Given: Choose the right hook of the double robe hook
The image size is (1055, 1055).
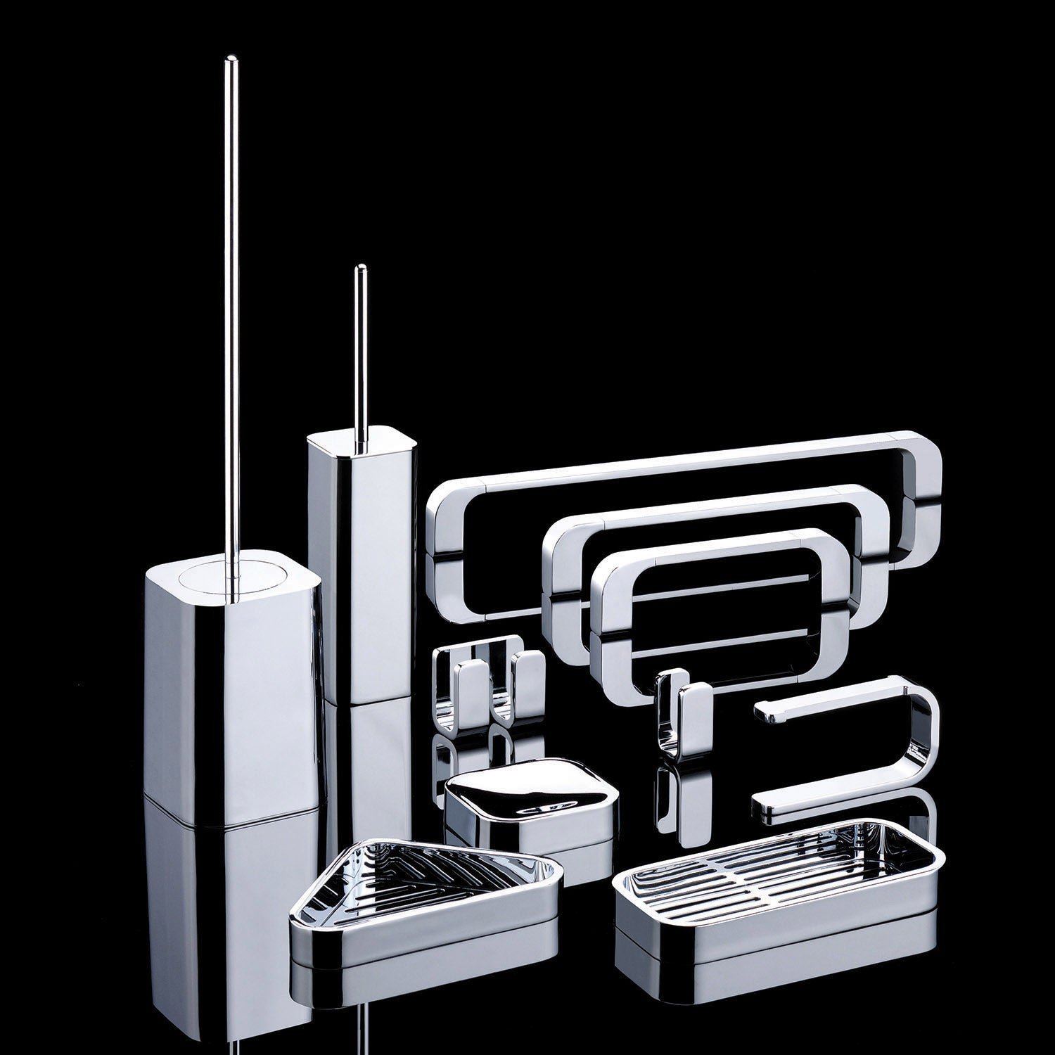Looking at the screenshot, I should [x=525, y=678].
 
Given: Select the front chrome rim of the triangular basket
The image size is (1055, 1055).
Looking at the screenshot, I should [x=422, y=946].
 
